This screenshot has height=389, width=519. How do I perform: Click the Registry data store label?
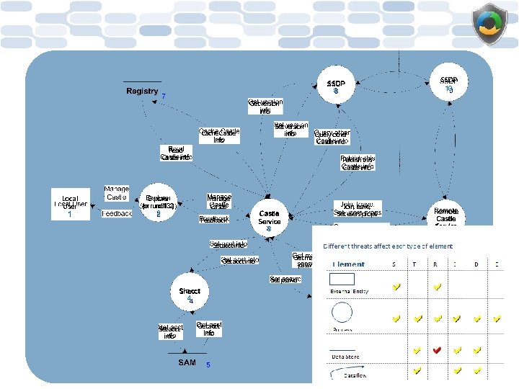click(142, 91)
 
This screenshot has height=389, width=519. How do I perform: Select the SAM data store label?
click(187, 362)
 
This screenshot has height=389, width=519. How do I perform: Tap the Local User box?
click(70, 205)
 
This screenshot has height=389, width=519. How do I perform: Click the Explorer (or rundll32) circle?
click(158, 202)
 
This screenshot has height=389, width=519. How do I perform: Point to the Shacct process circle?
click(189, 294)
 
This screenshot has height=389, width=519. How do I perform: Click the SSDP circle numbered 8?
click(336, 87)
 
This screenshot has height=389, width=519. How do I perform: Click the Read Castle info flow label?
click(176, 153)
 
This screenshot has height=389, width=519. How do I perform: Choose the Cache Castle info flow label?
click(219, 135)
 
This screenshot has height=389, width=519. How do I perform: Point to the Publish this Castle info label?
click(358, 163)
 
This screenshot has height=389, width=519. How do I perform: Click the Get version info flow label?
click(265, 107)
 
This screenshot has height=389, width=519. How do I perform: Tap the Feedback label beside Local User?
click(117, 214)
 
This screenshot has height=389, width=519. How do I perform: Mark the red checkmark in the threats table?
click(436, 350)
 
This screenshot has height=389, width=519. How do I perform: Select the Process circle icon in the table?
click(341, 312)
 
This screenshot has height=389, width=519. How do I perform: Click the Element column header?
click(348, 264)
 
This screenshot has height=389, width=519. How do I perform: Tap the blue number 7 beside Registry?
click(164, 97)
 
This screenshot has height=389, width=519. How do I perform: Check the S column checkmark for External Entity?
click(396, 287)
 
